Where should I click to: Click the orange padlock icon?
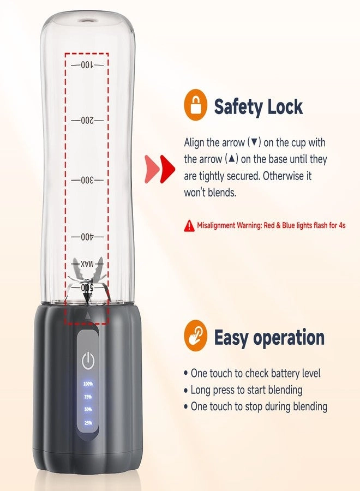point(196,106)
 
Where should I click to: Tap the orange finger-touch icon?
point(196,336)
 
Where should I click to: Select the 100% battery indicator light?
point(88,384)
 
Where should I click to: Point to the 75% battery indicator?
point(88,397)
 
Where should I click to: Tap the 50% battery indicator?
point(88,409)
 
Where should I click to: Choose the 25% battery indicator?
point(88,422)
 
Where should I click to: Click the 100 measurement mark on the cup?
point(87,65)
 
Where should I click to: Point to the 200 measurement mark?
point(87,119)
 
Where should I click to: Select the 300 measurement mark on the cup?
point(87,180)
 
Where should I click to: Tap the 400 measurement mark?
point(87,237)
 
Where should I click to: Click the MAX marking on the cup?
point(87,264)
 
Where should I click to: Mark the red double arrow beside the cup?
point(159,167)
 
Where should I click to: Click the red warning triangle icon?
point(189,225)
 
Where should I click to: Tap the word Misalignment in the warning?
point(217,225)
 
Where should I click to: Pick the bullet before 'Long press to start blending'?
point(186,391)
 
